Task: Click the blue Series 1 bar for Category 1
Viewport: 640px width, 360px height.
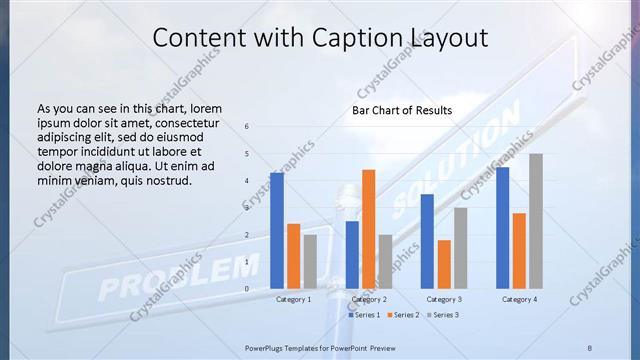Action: point(276,230)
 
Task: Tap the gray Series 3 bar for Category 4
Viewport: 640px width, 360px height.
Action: point(536,221)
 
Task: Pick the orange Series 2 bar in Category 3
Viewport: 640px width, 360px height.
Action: point(444,264)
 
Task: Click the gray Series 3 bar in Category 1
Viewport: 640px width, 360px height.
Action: point(310,261)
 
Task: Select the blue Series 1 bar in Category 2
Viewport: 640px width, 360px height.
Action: point(352,254)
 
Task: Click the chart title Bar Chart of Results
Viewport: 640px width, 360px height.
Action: point(401,110)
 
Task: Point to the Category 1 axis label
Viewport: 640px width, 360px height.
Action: point(293,299)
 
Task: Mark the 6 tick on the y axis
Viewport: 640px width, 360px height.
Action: point(247,127)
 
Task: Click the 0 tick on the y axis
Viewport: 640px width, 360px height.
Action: point(247,289)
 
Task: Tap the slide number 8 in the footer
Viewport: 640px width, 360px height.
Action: point(590,347)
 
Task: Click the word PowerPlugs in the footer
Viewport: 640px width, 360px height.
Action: point(267,347)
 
